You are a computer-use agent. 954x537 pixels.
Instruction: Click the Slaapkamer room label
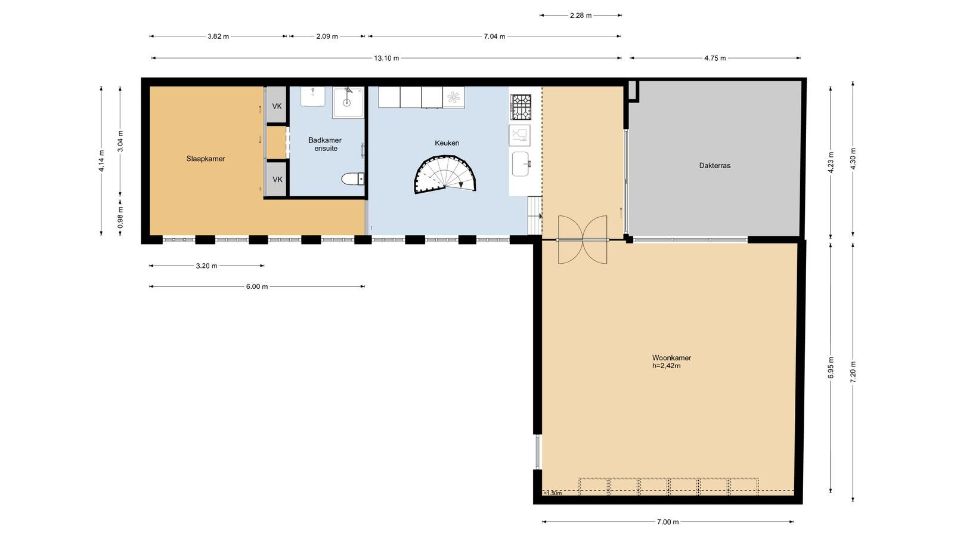coord(205,159)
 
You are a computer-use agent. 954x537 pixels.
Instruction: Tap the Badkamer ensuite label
coord(325,144)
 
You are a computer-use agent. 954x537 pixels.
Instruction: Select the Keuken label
coord(447,143)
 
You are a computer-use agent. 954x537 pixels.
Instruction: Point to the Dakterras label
coord(715,165)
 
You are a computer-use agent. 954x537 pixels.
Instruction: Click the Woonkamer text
coord(671,357)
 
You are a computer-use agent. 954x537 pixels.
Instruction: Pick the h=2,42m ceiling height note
coord(667,366)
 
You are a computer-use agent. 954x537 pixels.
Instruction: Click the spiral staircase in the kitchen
coord(445,175)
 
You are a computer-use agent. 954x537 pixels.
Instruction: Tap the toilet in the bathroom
coord(352,178)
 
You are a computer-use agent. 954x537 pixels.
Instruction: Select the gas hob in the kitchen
coord(521,107)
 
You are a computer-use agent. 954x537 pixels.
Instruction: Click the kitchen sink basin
coord(521,164)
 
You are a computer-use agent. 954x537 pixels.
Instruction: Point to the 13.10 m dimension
coord(386,58)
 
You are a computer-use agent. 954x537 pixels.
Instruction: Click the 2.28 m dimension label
coord(581,16)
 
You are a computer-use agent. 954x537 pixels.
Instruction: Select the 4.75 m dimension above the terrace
coord(715,58)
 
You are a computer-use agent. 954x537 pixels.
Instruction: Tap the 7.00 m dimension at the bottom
coord(668,521)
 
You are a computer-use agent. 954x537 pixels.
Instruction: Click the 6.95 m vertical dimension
coord(831,368)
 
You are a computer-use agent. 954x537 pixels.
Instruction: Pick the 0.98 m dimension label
coord(120,217)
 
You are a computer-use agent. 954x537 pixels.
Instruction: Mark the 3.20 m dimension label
coord(206,266)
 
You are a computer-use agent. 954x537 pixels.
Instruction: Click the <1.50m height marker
coord(552,493)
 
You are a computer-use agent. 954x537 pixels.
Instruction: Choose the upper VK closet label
coord(277,106)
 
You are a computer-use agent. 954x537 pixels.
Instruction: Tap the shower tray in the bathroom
coord(348,102)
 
